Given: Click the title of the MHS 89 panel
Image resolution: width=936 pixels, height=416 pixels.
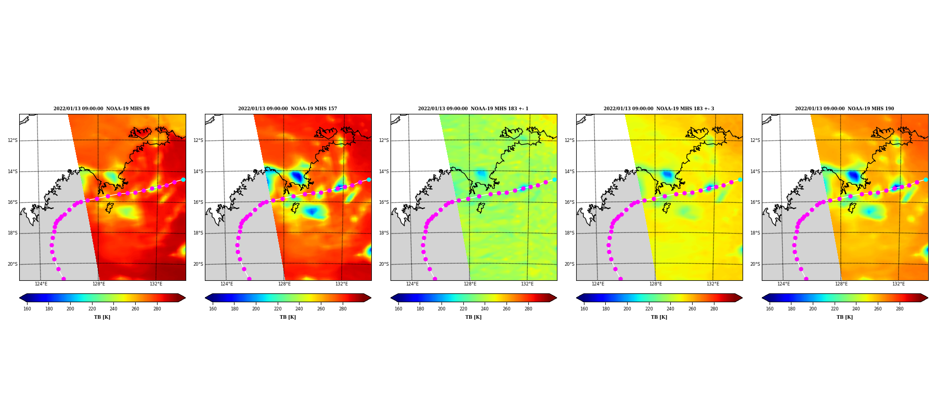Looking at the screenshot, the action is pyautogui.click(x=101, y=109).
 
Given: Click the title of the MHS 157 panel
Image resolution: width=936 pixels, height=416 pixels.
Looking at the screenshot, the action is pyautogui.click(x=288, y=109).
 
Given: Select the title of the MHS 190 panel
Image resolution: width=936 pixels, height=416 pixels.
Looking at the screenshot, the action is pyautogui.click(x=844, y=109).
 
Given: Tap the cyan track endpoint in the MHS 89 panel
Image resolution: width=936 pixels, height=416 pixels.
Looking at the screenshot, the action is pyautogui.click(x=183, y=179).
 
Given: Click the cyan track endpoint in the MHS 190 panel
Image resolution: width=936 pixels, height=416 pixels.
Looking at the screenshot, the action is pyautogui.click(x=926, y=179).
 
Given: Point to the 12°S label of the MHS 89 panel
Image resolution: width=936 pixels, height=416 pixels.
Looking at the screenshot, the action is pyautogui.click(x=12, y=140).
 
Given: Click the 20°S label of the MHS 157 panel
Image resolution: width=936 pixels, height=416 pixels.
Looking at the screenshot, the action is pyautogui.click(x=198, y=264).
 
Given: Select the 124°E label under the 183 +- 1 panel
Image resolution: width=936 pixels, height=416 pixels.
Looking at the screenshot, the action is pyautogui.click(x=412, y=284).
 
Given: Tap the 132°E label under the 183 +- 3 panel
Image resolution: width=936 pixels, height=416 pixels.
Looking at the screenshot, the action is pyautogui.click(x=713, y=284).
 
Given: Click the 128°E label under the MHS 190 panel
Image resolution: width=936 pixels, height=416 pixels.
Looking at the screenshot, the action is pyautogui.click(x=841, y=284).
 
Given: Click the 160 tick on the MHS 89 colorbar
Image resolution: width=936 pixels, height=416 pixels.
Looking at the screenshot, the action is pyautogui.click(x=27, y=309).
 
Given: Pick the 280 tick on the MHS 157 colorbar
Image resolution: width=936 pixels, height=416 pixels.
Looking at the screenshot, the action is pyautogui.click(x=343, y=309).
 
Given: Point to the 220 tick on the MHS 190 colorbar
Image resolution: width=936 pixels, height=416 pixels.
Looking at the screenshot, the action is pyautogui.click(x=835, y=309).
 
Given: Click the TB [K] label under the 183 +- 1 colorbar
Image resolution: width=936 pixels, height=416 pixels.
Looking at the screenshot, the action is pyautogui.click(x=473, y=317).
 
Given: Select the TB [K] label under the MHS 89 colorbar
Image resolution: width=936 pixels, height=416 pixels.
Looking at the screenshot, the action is pyautogui.click(x=102, y=317).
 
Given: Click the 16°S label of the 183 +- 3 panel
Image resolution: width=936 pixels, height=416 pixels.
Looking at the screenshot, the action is pyautogui.click(x=569, y=202).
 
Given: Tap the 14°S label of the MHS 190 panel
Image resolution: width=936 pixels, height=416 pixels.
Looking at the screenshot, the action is pyautogui.click(x=755, y=172).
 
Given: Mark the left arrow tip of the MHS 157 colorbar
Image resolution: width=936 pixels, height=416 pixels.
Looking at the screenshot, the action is pyautogui.click(x=205, y=298).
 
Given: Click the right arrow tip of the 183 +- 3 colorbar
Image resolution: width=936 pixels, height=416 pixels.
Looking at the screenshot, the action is pyautogui.click(x=742, y=298).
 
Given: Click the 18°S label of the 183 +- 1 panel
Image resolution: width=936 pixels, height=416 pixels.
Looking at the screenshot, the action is pyautogui.click(x=384, y=233).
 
